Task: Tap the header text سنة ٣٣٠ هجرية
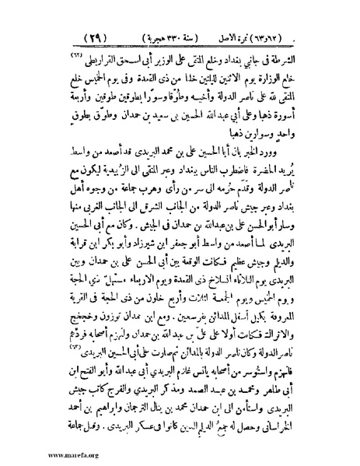point(189,37)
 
